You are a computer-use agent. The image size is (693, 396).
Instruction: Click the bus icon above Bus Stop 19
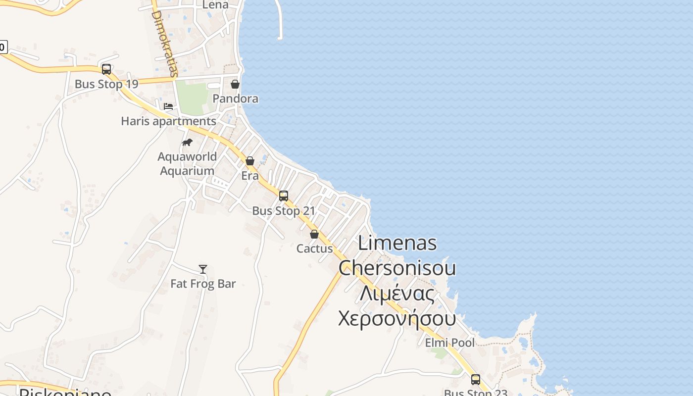pos(106,69)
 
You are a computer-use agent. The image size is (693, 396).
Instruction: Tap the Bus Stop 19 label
pos(106,84)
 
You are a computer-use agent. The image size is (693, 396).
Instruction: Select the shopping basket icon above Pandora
pos(235,84)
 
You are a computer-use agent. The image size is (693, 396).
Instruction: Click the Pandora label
pos(235,99)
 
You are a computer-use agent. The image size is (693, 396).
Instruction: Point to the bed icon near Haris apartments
pos(168,106)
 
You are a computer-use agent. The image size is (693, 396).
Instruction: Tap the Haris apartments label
pos(168,121)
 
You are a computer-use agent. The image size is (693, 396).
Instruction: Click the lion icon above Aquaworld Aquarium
pos(187,143)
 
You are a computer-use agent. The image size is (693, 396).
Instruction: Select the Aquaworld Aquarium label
pos(187,164)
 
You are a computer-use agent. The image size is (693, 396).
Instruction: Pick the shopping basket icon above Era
pos(250,161)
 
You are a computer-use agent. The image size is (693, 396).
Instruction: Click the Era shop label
pos(250,176)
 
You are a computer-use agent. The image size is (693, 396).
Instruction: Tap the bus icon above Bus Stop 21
pos(284,196)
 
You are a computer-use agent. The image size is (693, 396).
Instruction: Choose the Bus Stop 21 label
pos(284,211)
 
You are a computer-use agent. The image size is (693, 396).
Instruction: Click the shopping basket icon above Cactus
pos(314,234)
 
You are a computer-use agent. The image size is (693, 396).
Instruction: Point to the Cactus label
pos(314,248)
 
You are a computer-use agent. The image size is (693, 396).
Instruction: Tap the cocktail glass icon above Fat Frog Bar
pos(203,269)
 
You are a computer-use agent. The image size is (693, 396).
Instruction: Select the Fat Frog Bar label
pos(203,284)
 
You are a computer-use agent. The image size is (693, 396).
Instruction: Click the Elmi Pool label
pos(449,343)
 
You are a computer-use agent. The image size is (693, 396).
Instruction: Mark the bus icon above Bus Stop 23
pos(476,380)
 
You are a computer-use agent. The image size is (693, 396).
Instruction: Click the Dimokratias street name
pos(164,44)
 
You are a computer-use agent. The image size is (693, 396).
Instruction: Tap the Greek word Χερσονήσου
pos(396,318)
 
